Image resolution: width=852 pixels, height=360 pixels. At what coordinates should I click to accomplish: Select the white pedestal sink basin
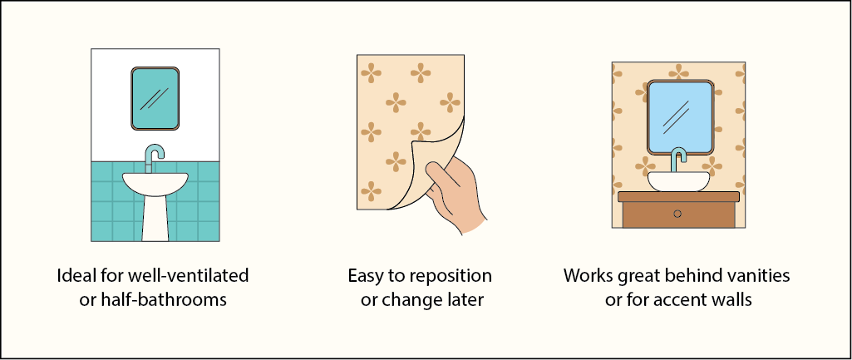[x=155, y=183]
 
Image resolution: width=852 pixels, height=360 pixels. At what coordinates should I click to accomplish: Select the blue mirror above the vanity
[x=681, y=117]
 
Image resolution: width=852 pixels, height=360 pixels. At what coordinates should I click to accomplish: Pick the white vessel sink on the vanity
[x=679, y=181]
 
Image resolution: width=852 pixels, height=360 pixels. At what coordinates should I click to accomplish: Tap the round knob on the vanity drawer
[x=678, y=214]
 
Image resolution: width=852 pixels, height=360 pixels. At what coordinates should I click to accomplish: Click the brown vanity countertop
[x=678, y=196]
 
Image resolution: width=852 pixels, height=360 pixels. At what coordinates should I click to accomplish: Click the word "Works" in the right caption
[x=587, y=275]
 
